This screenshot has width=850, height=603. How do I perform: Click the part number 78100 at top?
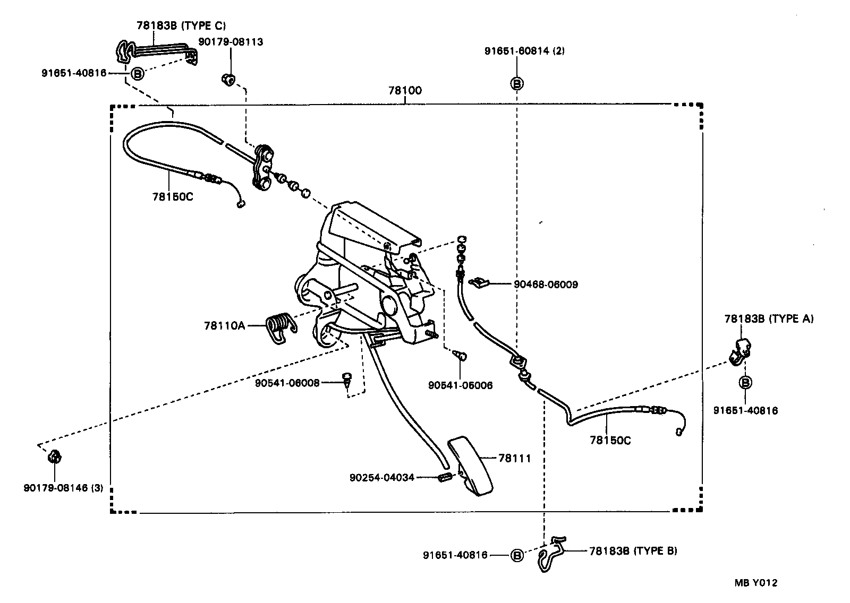[x=405, y=90]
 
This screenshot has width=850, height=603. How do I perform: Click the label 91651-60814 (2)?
[x=524, y=51]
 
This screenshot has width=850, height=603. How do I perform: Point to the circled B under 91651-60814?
[x=517, y=83]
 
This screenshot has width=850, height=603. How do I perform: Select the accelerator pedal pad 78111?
[x=471, y=464]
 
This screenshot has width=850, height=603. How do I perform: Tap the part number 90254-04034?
[x=381, y=478]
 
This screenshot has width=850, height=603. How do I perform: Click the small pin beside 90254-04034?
[x=445, y=477]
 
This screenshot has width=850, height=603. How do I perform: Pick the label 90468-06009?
[x=546, y=285]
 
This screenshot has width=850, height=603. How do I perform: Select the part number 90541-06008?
[x=287, y=382]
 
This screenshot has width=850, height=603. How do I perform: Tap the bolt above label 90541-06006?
[x=461, y=355]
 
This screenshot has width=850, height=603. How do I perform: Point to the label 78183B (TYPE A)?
[x=769, y=318]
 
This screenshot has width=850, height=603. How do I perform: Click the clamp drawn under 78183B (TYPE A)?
[x=741, y=350]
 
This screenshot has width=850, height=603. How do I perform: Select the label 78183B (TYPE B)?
[x=633, y=551]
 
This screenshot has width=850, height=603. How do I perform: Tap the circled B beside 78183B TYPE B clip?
[x=517, y=555]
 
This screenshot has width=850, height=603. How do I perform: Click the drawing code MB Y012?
[x=755, y=583]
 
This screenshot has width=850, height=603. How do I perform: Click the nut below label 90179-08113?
[x=228, y=80]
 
